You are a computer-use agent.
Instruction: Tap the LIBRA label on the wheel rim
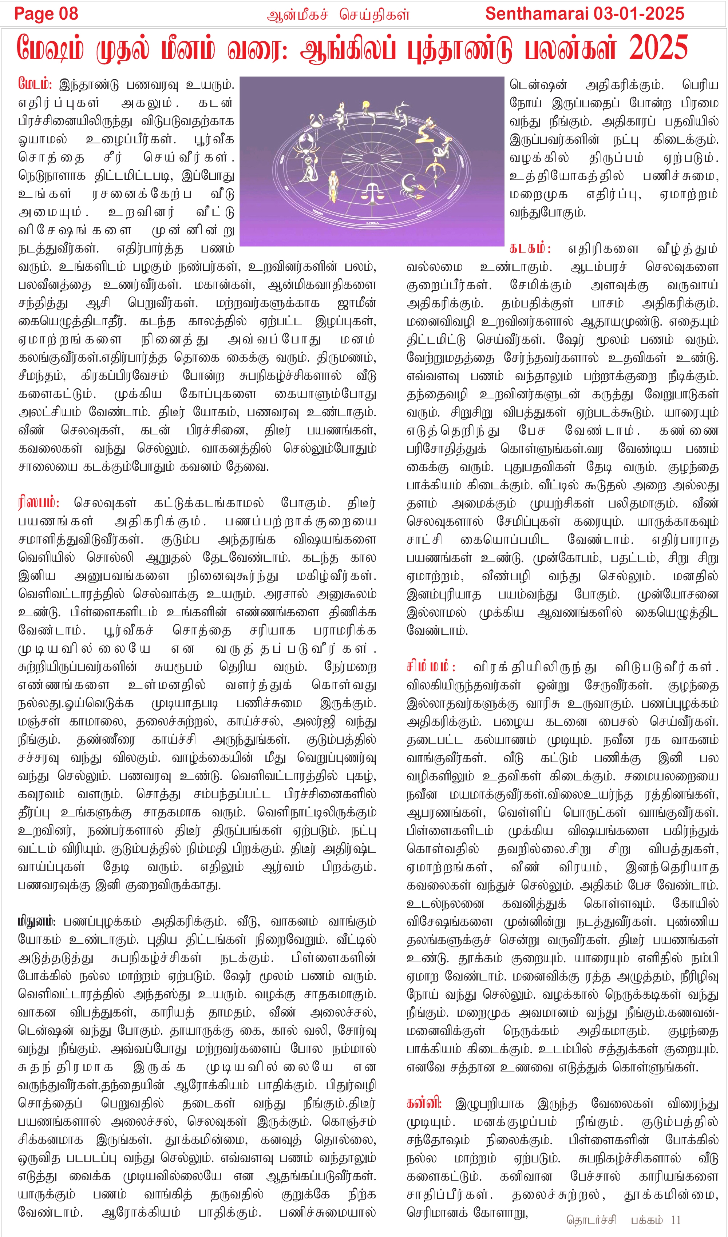(372, 223)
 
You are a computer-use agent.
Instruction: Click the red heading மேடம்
(34, 84)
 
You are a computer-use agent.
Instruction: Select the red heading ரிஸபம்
(38, 502)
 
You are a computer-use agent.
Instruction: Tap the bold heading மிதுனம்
(37, 921)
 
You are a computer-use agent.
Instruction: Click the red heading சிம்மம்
(431, 667)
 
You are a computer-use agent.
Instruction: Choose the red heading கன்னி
(424, 1103)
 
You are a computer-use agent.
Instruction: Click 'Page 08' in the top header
(46, 14)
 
